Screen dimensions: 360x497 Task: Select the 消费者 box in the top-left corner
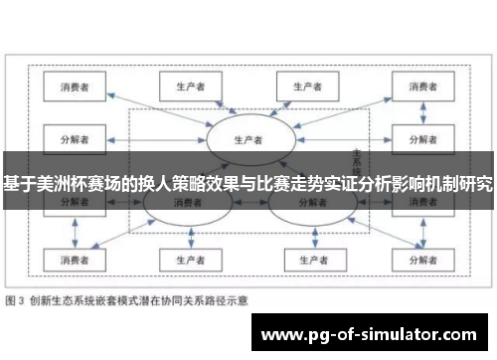76,87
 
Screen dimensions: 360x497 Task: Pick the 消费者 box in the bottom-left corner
76,260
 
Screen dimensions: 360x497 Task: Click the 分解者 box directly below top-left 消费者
76,137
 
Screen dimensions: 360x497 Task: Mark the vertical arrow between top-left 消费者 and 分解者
76,111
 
